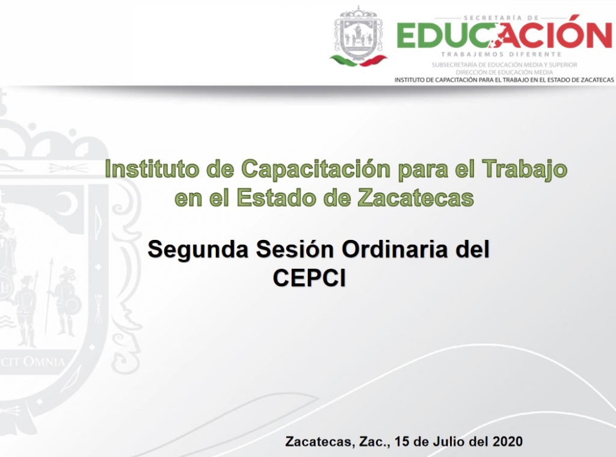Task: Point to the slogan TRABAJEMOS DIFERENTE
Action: [x=501, y=54]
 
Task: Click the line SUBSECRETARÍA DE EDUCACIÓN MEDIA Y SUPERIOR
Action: [x=505, y=65]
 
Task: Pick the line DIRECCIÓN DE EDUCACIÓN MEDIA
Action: [x=505, y=72]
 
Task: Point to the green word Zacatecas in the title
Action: [x=416, y=197]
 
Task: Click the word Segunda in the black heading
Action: [x=198, y=250]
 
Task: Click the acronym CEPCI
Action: [x=309, y=278]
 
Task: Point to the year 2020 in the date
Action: [x=508, y=441]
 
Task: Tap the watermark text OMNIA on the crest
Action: [x=43, y=361]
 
